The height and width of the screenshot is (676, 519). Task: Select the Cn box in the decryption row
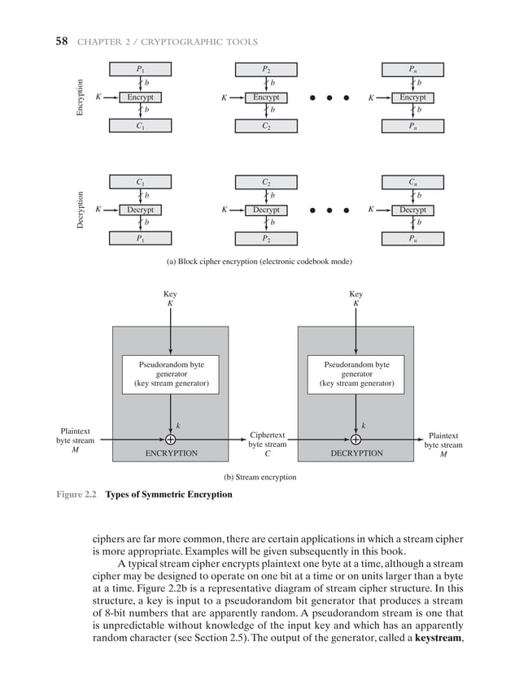pyautogui.click(x=412, y=182)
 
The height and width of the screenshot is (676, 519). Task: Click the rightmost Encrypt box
pyautogui.click(x=412, y=97)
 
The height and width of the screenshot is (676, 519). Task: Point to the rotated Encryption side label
pyautogui.click(x=80, y=97)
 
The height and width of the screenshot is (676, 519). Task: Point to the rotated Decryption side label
pyautogui.click(x=80, y=210)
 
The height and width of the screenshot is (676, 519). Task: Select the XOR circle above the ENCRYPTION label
pyautogui.click(x=170, y=440)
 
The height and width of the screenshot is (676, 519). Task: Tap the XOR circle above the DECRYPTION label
pyautogui.click(x=355, y=440)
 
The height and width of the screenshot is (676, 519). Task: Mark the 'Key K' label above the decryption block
pyautogui.click(x=355, y=298)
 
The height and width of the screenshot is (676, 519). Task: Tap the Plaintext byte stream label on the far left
pyautogui.click(x=75, y=440)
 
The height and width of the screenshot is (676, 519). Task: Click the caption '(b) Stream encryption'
pyautogui.click(x=259, y=477)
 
